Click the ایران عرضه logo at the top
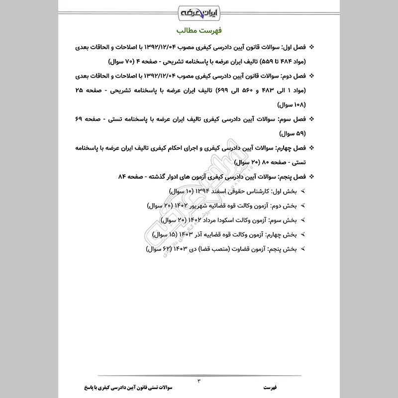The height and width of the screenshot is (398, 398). click(x=199, y=11)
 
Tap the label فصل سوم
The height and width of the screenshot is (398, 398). click(x=293, y=120)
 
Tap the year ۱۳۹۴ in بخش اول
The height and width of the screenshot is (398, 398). click(x=201, y=191)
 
